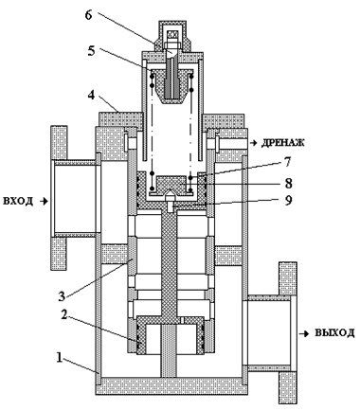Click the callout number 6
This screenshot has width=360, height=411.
tap(89, 14)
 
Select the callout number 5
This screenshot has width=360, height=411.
tap(91, 51)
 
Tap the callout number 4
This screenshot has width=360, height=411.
tap(91, 95)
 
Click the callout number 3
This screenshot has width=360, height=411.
tap(62, 296)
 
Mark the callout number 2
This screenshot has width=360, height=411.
tap(64, 315)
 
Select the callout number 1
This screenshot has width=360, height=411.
tap(59, 358)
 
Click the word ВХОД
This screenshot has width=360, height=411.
tap(18, 201)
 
